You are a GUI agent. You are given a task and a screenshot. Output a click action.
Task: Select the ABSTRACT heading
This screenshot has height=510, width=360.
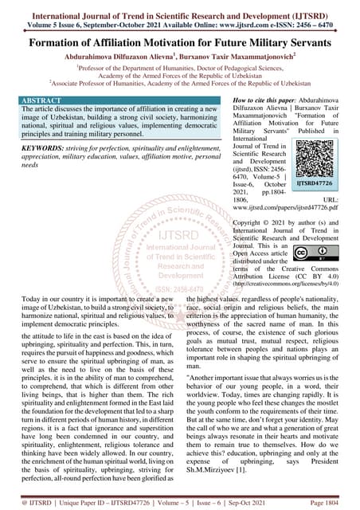33,101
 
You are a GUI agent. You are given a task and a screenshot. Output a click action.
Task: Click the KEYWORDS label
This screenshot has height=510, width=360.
32,147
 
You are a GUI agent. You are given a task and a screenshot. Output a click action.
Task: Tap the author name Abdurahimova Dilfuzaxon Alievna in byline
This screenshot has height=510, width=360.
116,58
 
